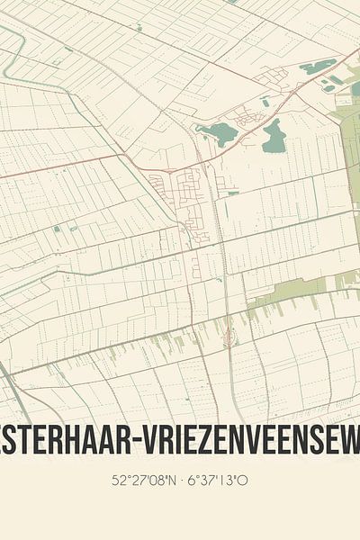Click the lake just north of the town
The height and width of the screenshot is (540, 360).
coord(217,134)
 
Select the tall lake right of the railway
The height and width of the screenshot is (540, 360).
coord(274,136)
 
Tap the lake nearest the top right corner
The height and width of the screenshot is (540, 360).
coord(318,67)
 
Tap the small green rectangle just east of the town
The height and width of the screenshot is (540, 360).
coord(233,193)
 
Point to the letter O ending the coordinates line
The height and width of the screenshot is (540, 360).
coord(244,480)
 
